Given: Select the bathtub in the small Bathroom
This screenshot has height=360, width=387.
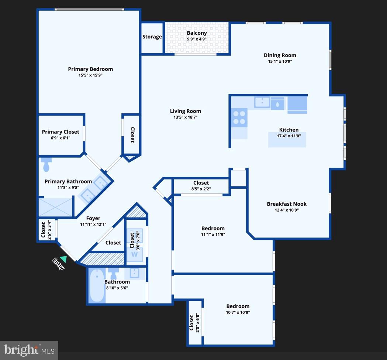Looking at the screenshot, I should [97, 285].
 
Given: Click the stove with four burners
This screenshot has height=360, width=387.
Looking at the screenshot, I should [239, 117].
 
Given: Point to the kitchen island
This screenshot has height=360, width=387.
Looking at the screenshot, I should [287, 140].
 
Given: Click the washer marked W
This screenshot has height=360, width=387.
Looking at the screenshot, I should [134, 254].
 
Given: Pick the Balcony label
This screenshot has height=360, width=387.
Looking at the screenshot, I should [197, 33].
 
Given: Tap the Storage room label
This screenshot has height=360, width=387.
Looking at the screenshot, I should [152, 37].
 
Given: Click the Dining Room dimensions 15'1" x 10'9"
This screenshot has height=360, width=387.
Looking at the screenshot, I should [280, 61].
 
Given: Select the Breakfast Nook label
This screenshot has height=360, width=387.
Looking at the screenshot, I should [287, 204].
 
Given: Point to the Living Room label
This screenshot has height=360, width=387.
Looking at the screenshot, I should [185, 111].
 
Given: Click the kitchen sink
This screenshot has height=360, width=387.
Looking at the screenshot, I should [262, 102].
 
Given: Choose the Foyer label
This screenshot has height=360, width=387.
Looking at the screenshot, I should [93, 218].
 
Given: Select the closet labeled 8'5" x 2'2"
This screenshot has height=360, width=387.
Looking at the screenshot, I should [201, 186].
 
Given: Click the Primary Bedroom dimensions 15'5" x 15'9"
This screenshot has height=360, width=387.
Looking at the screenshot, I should [90, 75].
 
